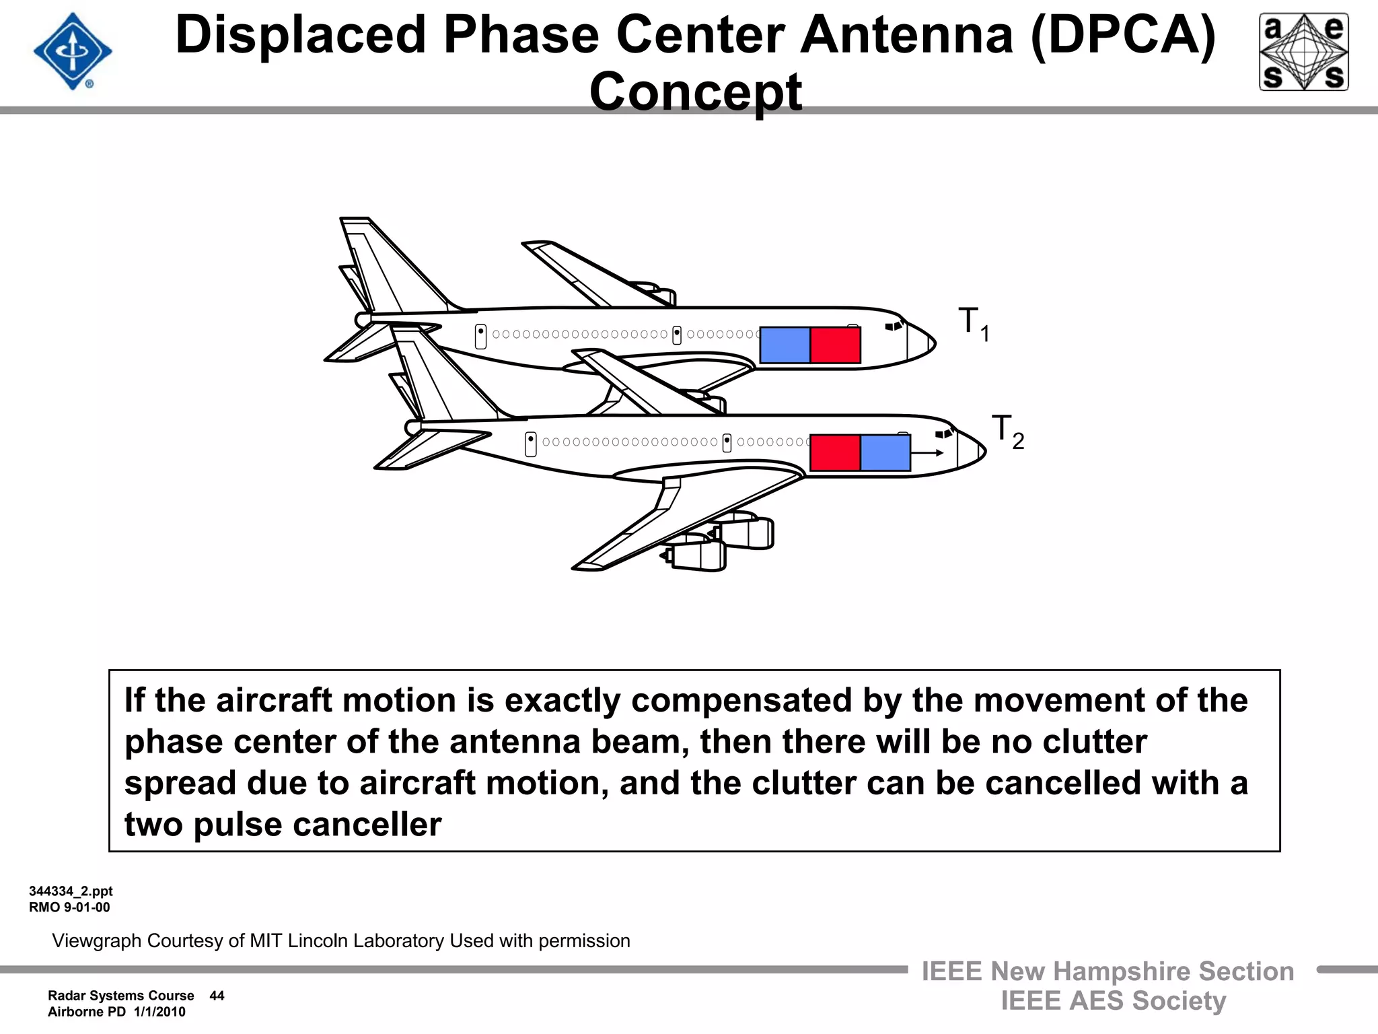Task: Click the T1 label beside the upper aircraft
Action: coord(973,324)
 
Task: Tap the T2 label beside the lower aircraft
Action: coord(1007,431)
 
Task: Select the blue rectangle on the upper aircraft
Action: coord(785,345)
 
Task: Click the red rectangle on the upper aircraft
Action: coord(835,345)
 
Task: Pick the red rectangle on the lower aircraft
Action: coord(835,452)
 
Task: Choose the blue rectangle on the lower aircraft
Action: coord(885,452)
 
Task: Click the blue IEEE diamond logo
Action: coord(73,52)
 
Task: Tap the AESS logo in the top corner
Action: coord(1303,52)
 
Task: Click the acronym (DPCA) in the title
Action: coord(1122,35)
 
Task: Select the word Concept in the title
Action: coord(695,92)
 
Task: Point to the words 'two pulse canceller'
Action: coord(283,825)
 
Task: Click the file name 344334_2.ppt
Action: coord(71,891)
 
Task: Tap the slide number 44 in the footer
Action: coord(217,996)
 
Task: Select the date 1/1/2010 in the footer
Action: coord(159,1012)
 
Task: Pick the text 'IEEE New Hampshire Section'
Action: coord(1108,971)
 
